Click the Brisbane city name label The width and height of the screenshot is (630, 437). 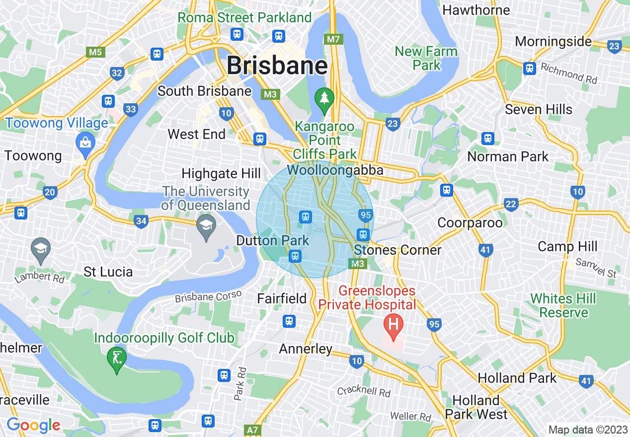(277, 66)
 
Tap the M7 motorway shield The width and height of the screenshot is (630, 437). (331, 39)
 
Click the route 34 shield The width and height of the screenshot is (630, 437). (141, 221)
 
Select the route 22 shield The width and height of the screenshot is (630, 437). (510, 204)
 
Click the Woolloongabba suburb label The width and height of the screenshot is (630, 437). (335, 170)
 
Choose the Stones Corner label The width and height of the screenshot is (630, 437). (398, 250)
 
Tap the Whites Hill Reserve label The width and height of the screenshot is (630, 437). (563, 305)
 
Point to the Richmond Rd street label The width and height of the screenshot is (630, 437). (569, 73)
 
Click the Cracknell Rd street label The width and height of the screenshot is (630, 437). (363, 392)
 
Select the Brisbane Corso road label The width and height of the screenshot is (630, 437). (208, 296)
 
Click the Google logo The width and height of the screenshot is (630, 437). (33, 426)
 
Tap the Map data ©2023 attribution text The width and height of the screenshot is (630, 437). (587, 430)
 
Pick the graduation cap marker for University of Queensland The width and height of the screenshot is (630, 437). (206, 226)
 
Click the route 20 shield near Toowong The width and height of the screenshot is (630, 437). (50, 193)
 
